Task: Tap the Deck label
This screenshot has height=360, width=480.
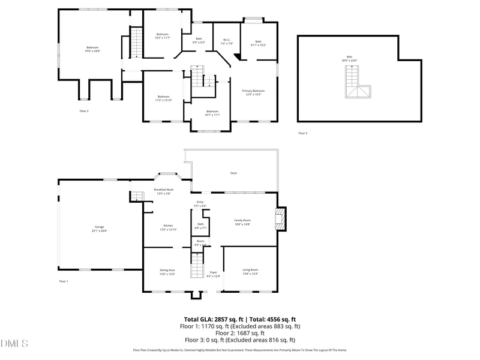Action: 233,173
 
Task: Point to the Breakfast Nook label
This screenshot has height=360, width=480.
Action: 163,191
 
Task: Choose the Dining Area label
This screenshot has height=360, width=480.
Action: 167,272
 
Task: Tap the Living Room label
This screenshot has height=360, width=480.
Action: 250,272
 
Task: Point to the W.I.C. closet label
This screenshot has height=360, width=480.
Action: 226,41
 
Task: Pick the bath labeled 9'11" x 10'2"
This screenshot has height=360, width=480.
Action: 258,43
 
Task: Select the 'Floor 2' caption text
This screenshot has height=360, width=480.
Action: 84,111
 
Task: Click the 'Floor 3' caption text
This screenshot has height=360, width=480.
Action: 302,133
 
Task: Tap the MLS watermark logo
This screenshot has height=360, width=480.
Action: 14,344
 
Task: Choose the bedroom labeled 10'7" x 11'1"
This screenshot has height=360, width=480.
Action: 212,113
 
